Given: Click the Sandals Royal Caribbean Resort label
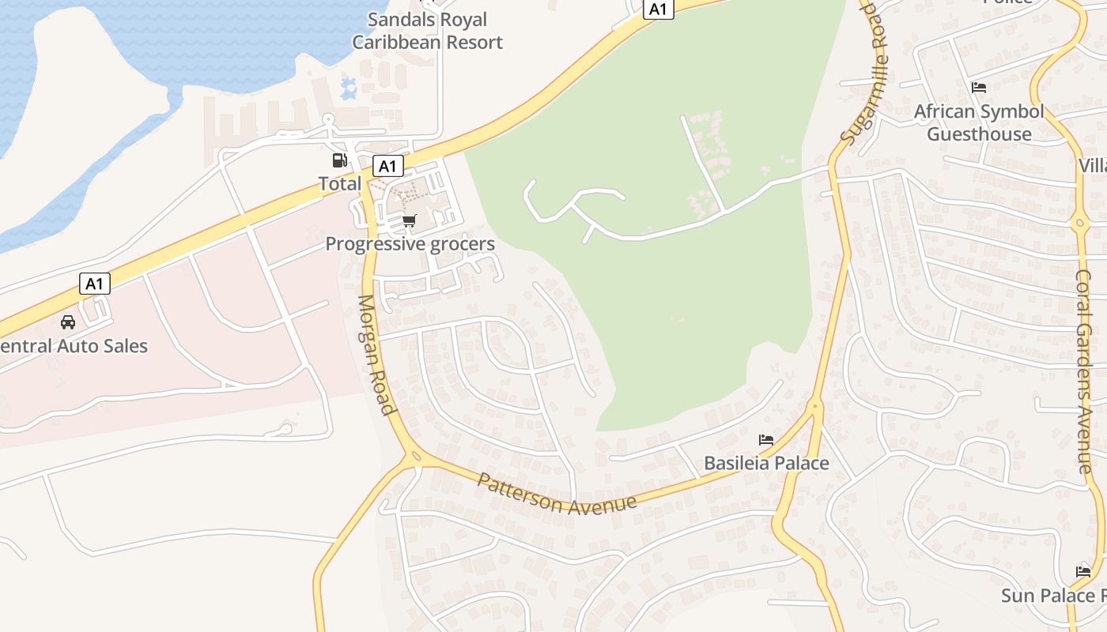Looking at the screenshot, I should coord(427,31).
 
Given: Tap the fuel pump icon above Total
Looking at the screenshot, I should coord(339,160).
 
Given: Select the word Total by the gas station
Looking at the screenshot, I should coord(339,184).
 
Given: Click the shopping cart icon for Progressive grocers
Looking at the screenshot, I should coord(409,221).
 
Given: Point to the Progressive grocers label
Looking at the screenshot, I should coord(410,243).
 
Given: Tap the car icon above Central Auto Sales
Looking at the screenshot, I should coord(68,322).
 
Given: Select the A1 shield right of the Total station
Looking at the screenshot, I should coord(387,166).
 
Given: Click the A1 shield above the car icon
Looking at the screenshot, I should coord(94,284).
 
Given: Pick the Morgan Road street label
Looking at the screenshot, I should coord(376,355).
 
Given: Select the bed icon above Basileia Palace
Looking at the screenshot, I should coord(765,440).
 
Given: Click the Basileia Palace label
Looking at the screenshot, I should coord(766,463).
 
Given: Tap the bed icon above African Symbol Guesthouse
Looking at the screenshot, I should coord(979,88).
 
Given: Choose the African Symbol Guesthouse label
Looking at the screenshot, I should coord(979,122).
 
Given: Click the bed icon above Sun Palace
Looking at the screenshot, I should coord(1083,571).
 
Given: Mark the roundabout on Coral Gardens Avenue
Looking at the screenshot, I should coord(1081,224).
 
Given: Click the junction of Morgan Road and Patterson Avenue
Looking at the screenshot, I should coord(414,457).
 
